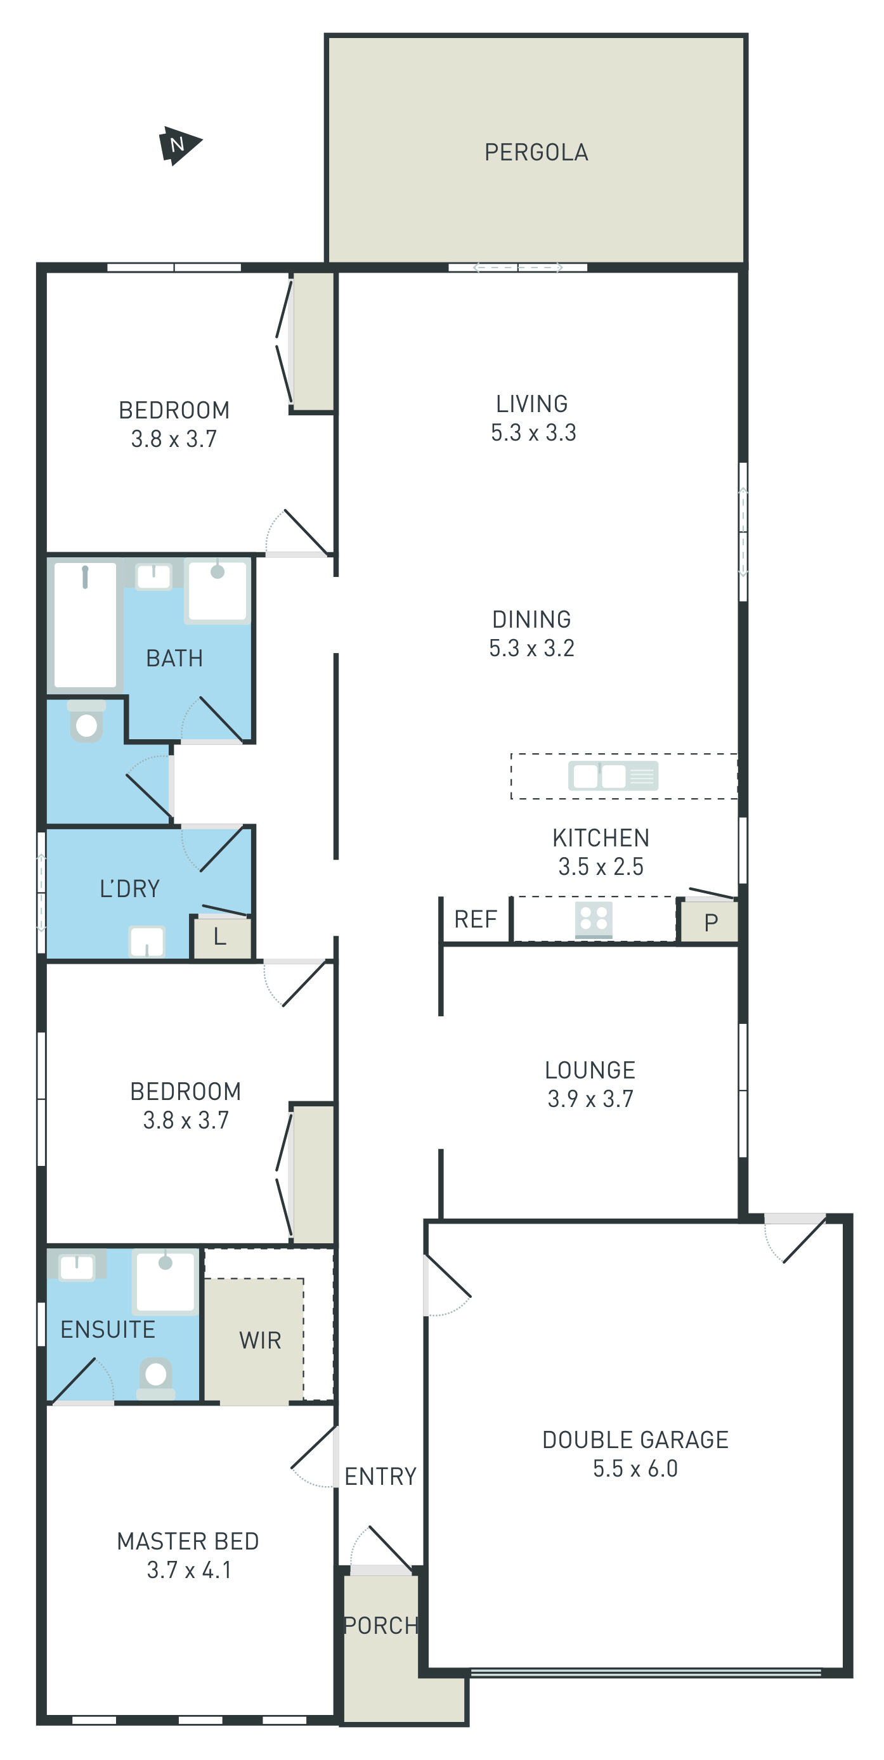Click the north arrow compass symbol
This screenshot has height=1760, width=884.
[x=179, y=145]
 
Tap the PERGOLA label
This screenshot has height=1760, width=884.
[x=536, y=152]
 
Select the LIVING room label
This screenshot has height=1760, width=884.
[x=531, y=404]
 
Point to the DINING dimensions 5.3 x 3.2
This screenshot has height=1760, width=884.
[x=531, y=648]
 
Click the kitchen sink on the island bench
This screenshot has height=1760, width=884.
[x=613, y=776]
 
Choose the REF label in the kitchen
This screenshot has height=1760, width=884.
[x=476, y=920]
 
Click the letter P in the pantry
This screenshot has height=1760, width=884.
[x=710, y=923]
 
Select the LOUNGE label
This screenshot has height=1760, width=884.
[x=590, y=1070]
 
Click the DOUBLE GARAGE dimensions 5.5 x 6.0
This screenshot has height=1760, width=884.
[x=635, y=1468]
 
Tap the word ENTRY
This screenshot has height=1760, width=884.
[x=380, y=1477]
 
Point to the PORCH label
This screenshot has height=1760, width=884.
[x=380, y=1626]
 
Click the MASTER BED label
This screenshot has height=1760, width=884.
[x=188, y=1541]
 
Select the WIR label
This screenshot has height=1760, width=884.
[x=260, y=1340]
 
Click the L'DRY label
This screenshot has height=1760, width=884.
[x=130, y=889]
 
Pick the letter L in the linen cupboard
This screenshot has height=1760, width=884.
[x=219, y=936]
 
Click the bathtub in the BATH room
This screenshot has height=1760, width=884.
[x=86, y=624]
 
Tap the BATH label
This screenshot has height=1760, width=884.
[x=174, y=658]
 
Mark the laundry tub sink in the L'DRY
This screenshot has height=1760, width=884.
[x=147, y=942]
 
